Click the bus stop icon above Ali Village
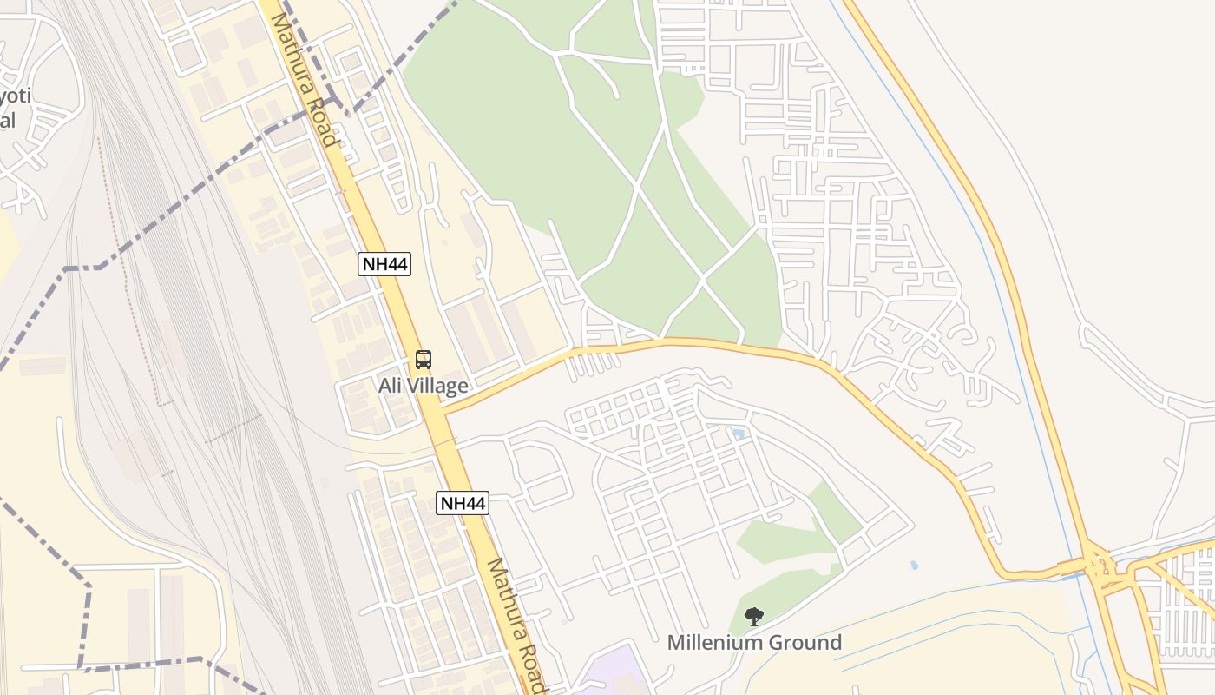tap(423, 359)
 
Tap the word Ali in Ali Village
tap(390, 386)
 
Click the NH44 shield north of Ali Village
tap(384, 264)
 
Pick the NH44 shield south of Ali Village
tap(463, 503)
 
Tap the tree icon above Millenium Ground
tap(754, 617)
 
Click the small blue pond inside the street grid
tap(738, 433)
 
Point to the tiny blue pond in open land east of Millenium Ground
tap(914, 565)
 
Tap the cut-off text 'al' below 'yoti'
tap(8, 120)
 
